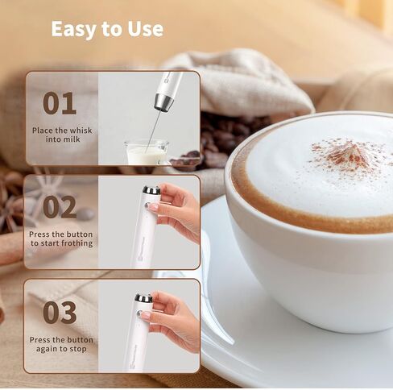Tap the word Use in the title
click(x=145, y=28)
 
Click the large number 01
click(x=60, y=103)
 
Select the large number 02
click(x=60, y=207)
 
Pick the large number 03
click(x=60, y=313)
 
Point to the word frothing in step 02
click(x=77, y=243)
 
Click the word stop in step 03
click(x=78, y=349)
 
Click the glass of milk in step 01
click(x=147, y=151)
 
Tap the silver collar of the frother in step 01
click(x=163, y=102)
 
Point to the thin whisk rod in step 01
click(x=153, y=131)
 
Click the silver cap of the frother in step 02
click(x=151, y=190)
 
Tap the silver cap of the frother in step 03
click(x=143, y=297)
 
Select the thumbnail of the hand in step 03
click(x=146, y=315)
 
